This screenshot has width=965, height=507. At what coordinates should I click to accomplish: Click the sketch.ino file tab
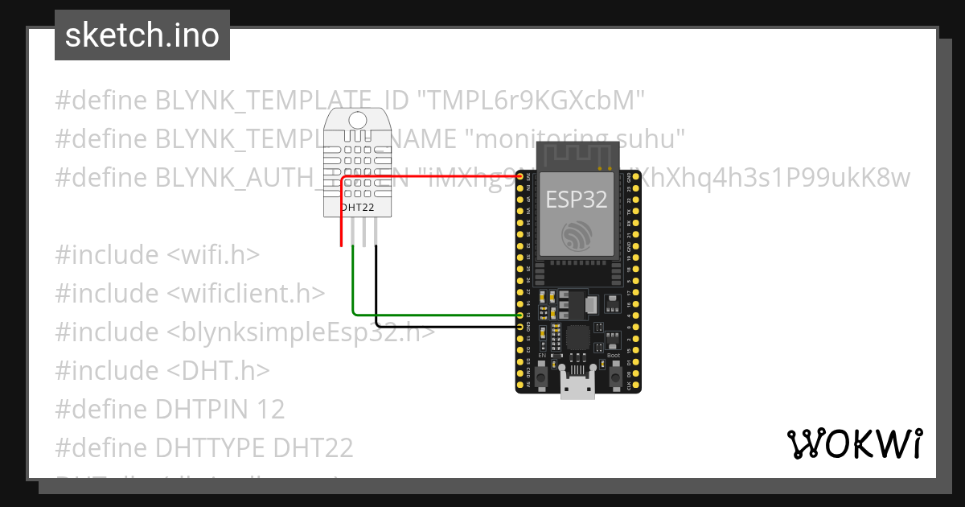(142, 35)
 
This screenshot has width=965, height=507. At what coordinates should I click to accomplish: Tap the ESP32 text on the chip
(577, 199)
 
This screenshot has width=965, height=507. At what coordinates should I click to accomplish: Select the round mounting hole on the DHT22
(359, 120)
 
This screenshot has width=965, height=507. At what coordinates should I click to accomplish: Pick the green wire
(434, 315)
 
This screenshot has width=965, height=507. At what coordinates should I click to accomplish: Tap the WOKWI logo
(853, 443)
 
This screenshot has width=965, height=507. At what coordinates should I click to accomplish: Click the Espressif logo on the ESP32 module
(577, 234)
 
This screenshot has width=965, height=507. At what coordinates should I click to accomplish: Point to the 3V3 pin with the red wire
(520, 176)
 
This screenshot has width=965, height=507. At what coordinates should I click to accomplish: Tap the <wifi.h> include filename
(212, 254)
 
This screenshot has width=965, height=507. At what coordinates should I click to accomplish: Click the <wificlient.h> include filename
(245, 293)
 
